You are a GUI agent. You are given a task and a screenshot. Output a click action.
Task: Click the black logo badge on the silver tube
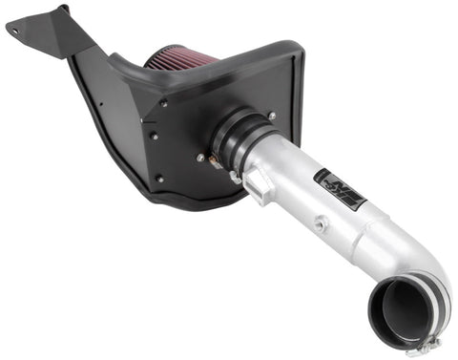(x=343, y=188)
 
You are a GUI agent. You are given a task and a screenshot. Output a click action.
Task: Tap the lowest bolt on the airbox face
(x=160, y=178)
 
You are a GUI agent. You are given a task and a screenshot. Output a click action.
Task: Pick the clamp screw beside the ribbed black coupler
(x=233, y=178)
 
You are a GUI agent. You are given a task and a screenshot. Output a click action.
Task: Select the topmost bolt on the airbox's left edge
(x=163, y=103)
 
